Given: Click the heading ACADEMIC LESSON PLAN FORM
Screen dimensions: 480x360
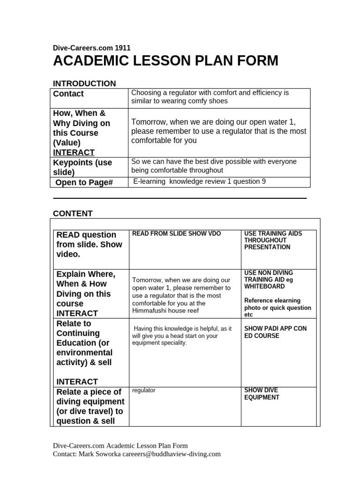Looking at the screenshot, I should (165, 61).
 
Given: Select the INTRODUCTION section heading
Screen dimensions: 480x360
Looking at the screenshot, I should (84, 83).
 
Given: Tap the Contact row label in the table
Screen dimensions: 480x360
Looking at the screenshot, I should (68, 94).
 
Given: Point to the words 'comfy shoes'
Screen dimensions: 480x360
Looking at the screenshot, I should (208, 101).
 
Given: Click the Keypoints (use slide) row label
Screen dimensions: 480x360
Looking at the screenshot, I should (84, 167).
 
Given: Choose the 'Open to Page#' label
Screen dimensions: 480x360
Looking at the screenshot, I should (84, 182).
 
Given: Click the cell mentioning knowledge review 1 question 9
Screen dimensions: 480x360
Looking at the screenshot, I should (200, 181).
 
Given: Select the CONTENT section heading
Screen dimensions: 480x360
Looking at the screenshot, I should (73, 214).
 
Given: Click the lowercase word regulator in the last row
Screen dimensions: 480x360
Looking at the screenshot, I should (144, 390).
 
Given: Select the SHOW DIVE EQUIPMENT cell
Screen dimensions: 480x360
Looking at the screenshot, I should (262, 394).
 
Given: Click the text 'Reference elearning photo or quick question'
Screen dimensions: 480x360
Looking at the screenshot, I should (277, 304).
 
